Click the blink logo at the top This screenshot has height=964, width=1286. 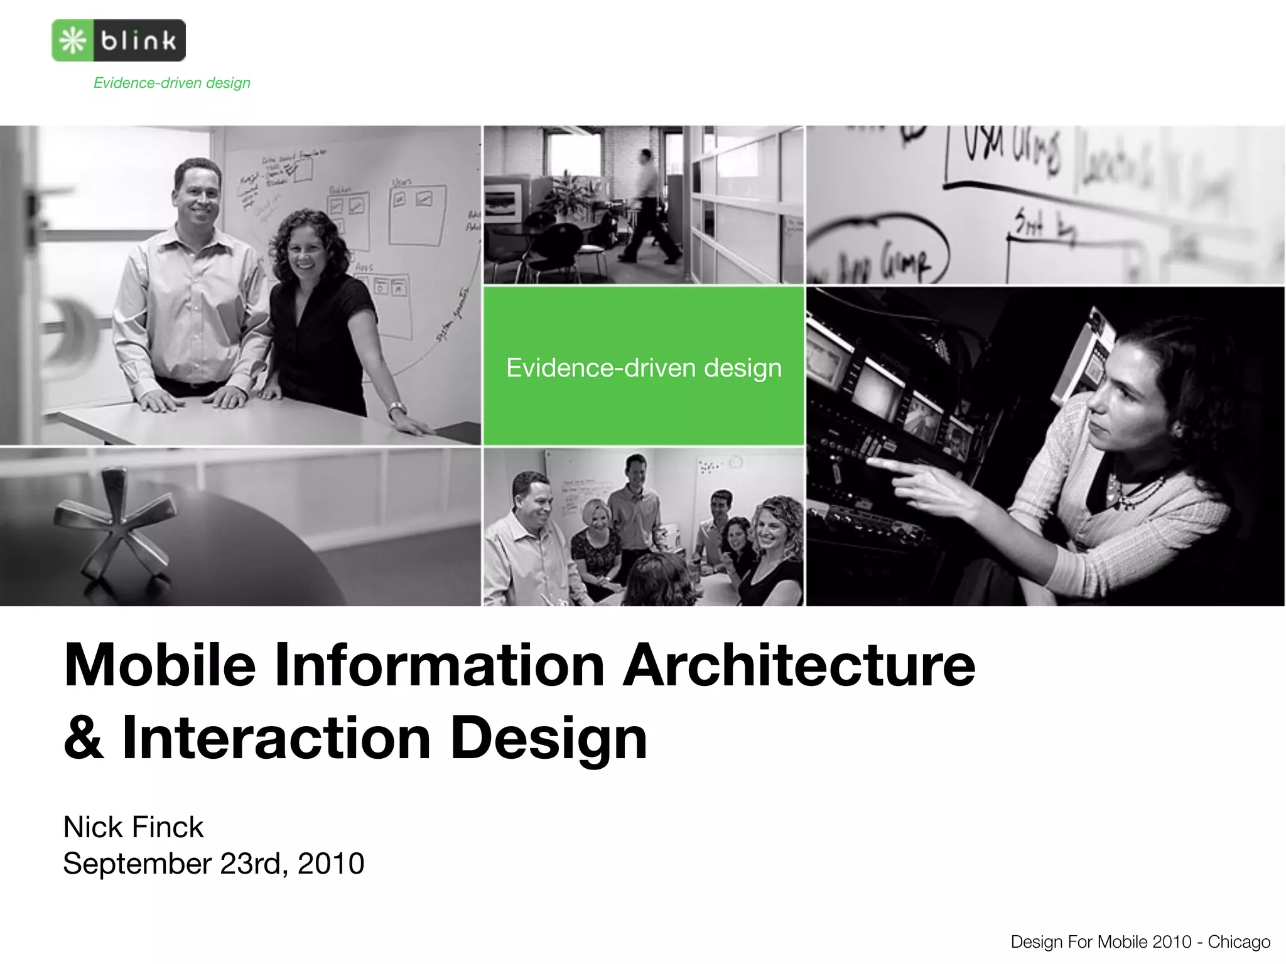pyautogui.click(x=119, y=40)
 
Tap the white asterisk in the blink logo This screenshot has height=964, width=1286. pyautogui.click(x=73, y=41)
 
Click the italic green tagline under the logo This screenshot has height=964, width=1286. pyautogui.click(x=171, y=83)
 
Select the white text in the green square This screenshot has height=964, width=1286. pyautogui.click(x=644, y=368)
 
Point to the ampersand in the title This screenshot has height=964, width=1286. pyautogui.click(x=84, y=738)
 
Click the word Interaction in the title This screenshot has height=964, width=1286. pyautogui.click(x=276, y=738)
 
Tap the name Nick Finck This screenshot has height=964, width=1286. pyautogui.click(x=133, y=827)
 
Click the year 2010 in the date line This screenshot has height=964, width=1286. pyautogui.click(x=331, y=864)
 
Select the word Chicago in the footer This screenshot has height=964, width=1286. pyautogui.click(x=1238, y=942)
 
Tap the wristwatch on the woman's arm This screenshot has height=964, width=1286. pyautogui.click(x=397, y=410)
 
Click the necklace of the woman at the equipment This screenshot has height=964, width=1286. pyautogui.click(x=1136, y=493)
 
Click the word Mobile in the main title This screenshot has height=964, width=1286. pyautogui.click(x=159, y=665)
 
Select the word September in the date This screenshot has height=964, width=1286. pyautogui.click(x=137, y=864)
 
